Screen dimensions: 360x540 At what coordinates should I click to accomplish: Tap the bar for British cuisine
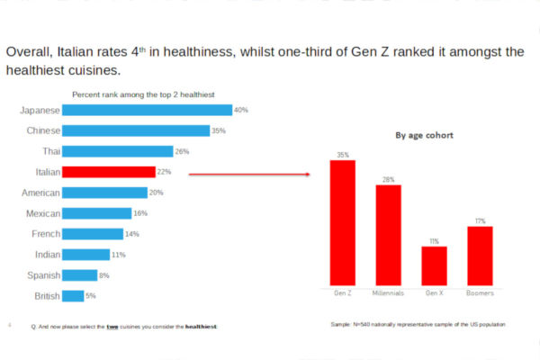point(74,296)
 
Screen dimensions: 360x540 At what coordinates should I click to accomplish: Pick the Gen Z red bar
point(343,222)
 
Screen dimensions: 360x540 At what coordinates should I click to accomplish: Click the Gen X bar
point(434,265)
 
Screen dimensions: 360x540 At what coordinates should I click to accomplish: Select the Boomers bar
point(480,256)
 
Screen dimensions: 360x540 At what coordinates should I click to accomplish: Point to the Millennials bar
point(388,235)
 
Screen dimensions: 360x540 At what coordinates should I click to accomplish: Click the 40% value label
point(240,110)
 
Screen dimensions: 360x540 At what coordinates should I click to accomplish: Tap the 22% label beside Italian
point(163,172)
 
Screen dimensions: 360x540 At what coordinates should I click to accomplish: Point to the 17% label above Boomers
point(480,220)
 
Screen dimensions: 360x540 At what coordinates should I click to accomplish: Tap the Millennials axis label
point(388,293)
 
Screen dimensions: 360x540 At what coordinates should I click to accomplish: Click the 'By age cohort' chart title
point(424,135)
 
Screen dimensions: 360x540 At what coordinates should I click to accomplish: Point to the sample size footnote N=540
point(418,322)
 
